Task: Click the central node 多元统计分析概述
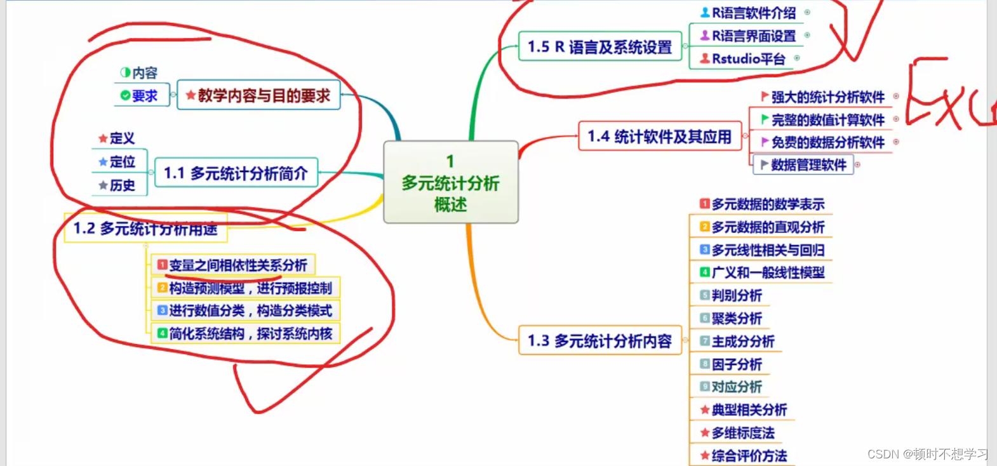pyautogui.click(x=450, y=183)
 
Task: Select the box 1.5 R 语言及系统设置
pyautogui.click(x=599, y=47)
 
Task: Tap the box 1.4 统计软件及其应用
pyautogui.click(x=660, y=136)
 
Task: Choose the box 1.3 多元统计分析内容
pyautogui.click(x=599, y=341)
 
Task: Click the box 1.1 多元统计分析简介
pyautogui.click(x=236, y=173)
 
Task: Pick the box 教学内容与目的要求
pyautogui.click(x=258, y=95)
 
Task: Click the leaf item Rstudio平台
pyautogui.click(x=748, y=59)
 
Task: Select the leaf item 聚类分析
pyautogui.click(x=737, y=318)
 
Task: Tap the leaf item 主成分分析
pyautogui.click(x=743, y=342)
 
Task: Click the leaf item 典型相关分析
pyautogui.click(x=749, y=410)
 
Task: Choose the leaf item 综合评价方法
pyautogui.click(x=749, y=456)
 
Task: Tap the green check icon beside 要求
pyautogui.click(x=125, y=96)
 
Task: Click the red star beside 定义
pyautogui.click(x=103, y=138)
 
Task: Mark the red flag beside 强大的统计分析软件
pyautogui.click(x=765, y=97)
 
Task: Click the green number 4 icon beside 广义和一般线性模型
pyautogui.click(x=704, y=272)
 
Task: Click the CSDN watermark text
pyautogui.click(x=927, y=454)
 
